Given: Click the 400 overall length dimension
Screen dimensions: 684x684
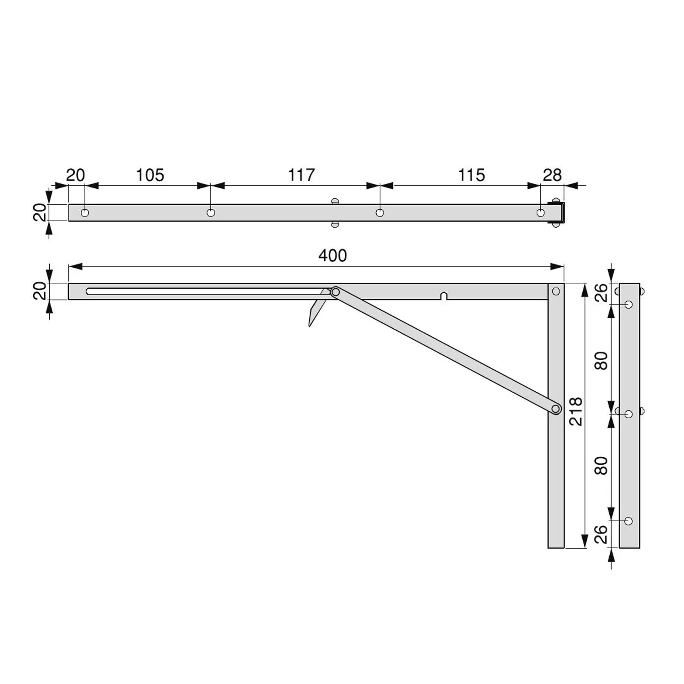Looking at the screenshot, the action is (x=332, y=255).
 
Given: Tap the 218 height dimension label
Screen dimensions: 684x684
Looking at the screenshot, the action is (x=576, y=411).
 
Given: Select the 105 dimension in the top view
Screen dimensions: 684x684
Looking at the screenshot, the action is (x=150, y=175).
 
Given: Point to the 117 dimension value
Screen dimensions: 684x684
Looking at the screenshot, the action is (x=301, y=175).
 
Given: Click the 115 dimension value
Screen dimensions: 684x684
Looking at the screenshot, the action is (x=472, y=175).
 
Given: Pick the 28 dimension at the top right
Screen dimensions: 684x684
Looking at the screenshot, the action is (x=552, y=175).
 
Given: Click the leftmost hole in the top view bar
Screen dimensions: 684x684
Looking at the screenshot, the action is (x=85, y=212).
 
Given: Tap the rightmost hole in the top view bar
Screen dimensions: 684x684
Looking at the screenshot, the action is (x=540, y=212).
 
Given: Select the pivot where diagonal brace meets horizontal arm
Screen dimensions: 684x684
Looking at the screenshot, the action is (x=335, y=291).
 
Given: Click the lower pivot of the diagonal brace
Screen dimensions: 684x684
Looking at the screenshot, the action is (x=556, y=409).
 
